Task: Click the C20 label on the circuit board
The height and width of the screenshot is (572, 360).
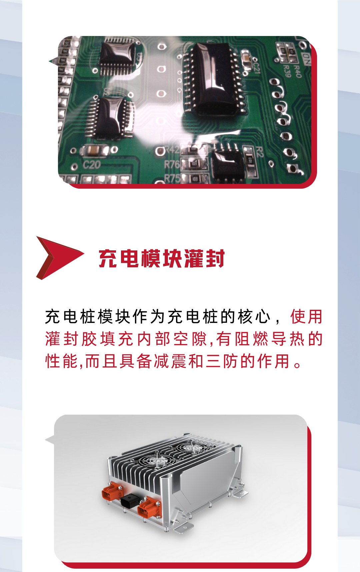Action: tap(91, 164)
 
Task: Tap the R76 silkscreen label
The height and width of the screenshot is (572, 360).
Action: tap(172, 164)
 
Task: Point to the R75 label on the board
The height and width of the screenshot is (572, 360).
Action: tap(172, 178)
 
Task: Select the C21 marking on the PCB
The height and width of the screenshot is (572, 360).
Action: tap(256, 65)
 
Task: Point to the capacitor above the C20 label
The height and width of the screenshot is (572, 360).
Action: tap(95, 150)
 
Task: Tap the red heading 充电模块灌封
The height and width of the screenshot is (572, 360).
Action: tap(162, 258)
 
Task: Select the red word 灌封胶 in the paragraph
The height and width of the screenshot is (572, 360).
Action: tap(71, 339)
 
